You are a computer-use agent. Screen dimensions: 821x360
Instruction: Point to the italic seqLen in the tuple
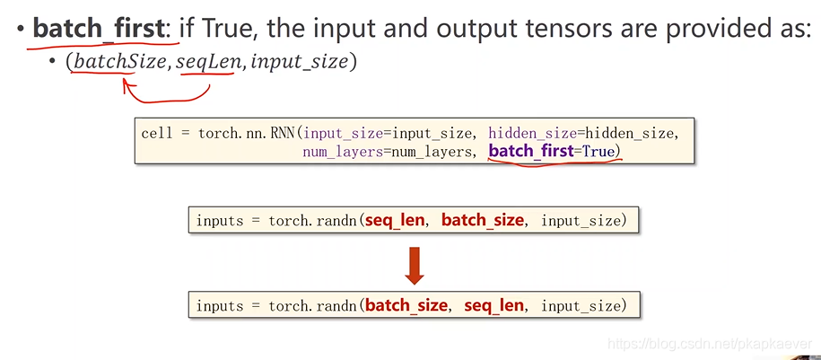click(205, 63)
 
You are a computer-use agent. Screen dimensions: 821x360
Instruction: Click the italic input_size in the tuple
click(303, 63)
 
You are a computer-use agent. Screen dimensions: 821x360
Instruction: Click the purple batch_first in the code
click(530, 151)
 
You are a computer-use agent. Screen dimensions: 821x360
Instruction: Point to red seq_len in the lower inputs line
click(493, 306)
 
